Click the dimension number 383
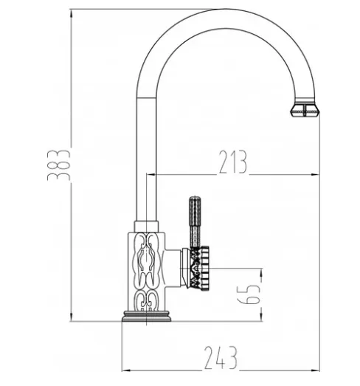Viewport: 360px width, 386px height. pos(59,165)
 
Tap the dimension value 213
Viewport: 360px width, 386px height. pos(232,162)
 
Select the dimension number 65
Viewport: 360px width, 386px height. pos(249,294)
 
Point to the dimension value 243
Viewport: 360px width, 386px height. pos(221,358)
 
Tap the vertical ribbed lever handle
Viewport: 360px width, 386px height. pos(195,222)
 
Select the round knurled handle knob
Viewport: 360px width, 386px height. pos(200,269)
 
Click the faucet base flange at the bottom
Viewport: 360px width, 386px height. pos(146,316)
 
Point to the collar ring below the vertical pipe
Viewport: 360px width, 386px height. pos(146,227)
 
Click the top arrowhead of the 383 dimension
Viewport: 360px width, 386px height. pos(72,13)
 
